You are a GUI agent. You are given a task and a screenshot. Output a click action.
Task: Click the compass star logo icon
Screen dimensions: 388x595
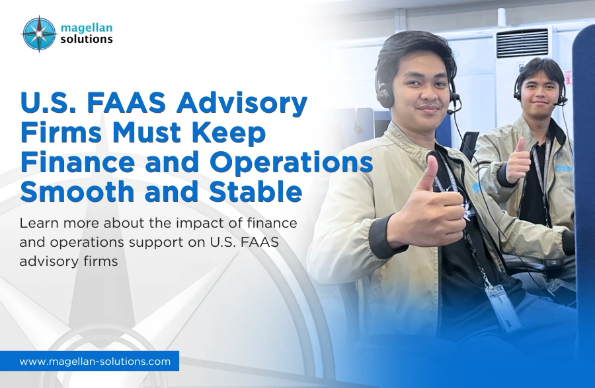pos(38,34)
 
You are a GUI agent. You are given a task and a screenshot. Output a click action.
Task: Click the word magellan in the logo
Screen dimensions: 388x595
pos(86,27)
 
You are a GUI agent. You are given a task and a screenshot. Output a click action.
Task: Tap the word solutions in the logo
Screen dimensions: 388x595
pos(87,40)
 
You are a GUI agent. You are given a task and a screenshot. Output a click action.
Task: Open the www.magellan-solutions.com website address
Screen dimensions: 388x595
pos(95,361)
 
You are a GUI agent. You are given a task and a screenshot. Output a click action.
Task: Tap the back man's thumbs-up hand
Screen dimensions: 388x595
pos(518,159)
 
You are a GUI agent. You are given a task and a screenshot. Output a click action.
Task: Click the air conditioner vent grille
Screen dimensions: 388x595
pos(522,42)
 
